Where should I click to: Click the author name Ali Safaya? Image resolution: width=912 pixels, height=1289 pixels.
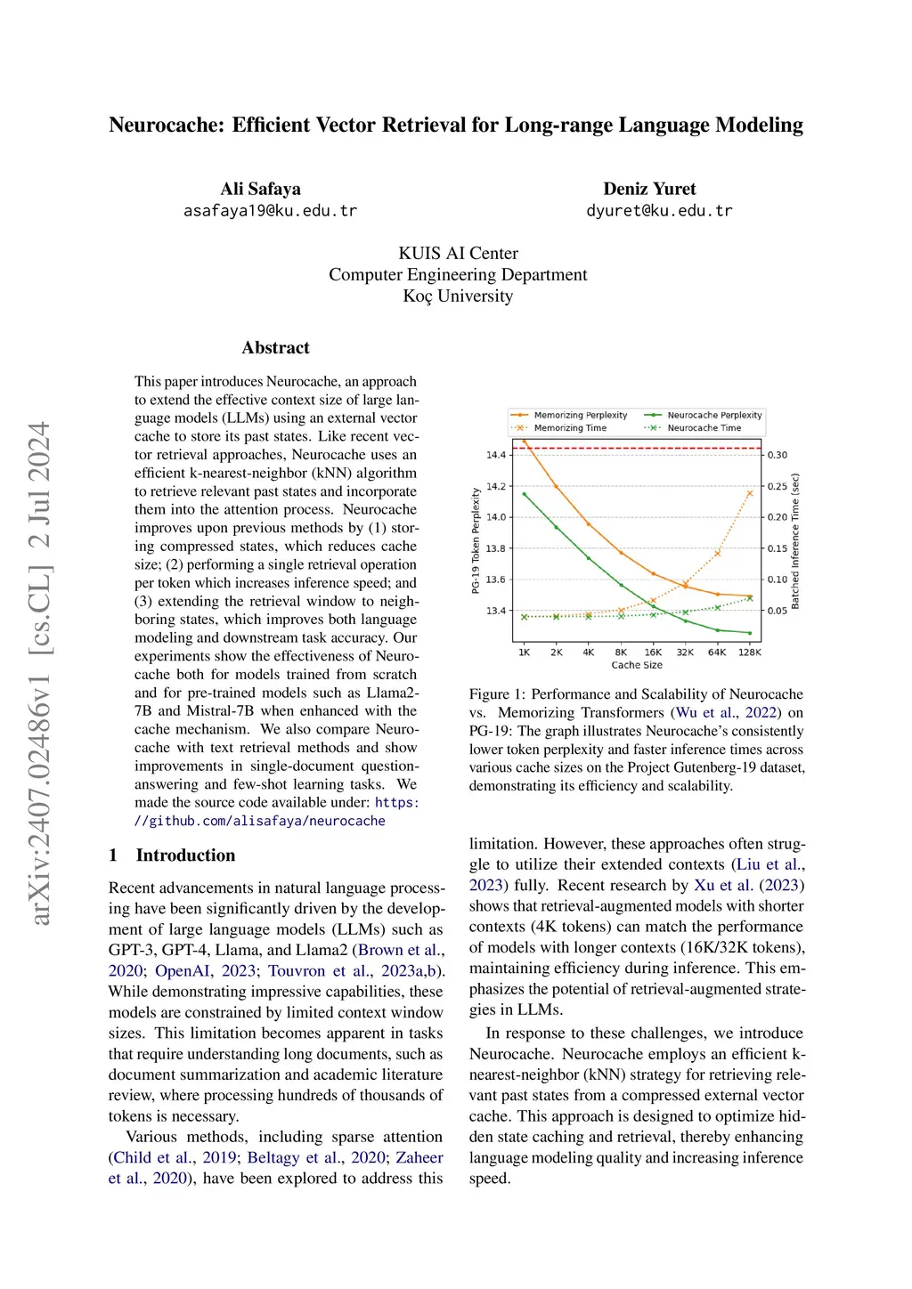tap(260, 189)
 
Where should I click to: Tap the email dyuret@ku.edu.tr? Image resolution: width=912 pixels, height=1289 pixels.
tap(658, 211)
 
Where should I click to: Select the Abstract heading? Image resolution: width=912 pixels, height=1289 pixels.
tap(275, 348)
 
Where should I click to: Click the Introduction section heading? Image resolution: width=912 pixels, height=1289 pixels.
tap(185, 855)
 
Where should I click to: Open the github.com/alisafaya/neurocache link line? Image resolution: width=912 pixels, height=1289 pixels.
tap(260, 821)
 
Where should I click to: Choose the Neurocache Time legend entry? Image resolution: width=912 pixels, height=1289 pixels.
tap(704, 428)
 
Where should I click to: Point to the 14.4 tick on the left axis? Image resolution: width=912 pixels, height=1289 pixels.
tap(495, 455)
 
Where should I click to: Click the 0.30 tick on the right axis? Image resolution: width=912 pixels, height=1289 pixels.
tap(778, 455)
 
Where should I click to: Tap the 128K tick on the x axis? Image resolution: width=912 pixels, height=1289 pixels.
tap(750, 653)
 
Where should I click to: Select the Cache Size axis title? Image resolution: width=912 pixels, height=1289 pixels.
tap(637, 665)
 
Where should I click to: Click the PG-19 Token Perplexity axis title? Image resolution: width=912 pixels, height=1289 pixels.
tap(476, 540)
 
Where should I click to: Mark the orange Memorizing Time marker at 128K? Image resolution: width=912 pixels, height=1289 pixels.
tap(750, 493)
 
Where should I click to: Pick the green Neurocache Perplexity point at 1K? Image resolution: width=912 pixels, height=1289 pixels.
tap(525, 494)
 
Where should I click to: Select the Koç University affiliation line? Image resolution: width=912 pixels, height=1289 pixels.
tap(458, 296)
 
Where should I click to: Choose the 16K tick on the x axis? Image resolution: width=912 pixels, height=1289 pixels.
tap(653, 653)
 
